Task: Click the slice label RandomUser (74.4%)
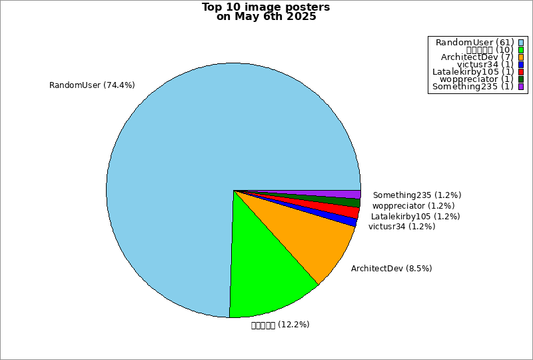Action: click(x=93, y=85)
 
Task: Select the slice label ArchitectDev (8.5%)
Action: click(x=392, y=269)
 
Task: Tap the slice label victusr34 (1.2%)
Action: click(x=402, y=227)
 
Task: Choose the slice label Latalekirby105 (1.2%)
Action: click(x=416, y=217)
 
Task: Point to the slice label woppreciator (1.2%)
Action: click(x=414, y=206)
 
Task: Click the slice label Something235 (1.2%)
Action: click(x=417, y=195)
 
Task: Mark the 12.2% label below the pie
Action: click(x=280, y=325)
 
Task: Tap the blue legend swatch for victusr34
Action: click(x=521, y=64)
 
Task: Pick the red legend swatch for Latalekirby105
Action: click(x=521, y=71)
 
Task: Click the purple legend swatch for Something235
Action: click(x=521, y=86)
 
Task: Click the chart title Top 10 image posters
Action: click(x=266, y=7)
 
